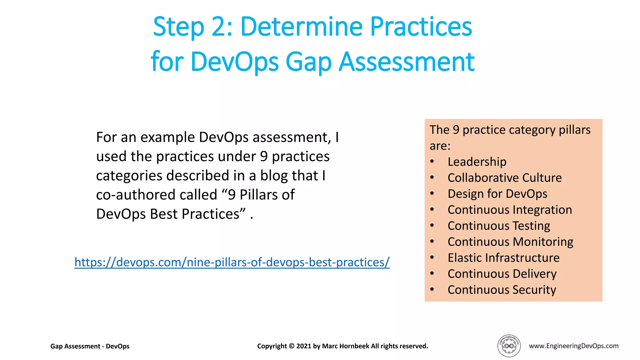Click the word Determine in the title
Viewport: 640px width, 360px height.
pyautogui.click(x=301, y=27)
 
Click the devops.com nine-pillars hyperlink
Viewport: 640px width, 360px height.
pyautogui.click(x=232, y=262)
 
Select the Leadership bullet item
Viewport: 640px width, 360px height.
pyautogui.click(x=477, y=162)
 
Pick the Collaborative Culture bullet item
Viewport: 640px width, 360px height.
pyautogui.click(x=504, y=178)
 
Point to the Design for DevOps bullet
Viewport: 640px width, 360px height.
pyautogui.click(x=497, y=194)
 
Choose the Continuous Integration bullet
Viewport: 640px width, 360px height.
pyautogui.click(x=509, y=210)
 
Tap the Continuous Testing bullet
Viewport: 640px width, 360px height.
pyautogui.click(x=498, y=226)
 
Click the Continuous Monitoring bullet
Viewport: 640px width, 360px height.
pyautogui.click(x=510, y=242)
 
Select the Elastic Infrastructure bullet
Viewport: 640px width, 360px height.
pyautogui.click(x=503, y=258)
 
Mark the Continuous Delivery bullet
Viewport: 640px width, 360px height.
pyautogui.click(x=502, y=274)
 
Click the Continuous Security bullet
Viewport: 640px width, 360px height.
pyautogui.click(x=502, y=290)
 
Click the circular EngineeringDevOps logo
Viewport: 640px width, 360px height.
pyautogui.click(x=509, y=346)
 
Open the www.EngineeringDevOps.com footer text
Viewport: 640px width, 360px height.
pyautogui.click(x=573, y=346)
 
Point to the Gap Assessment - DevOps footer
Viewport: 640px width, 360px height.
pyautogui.click(x=90, y=346)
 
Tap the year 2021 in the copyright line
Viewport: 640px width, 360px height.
pyautogui.click(x=303, y=346)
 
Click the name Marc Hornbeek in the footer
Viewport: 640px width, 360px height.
pyautogui.click(x=345, y=346)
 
